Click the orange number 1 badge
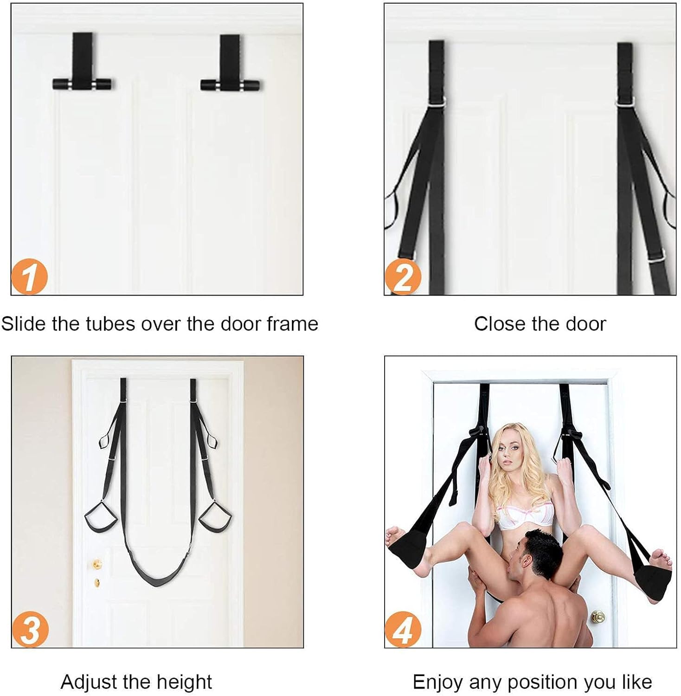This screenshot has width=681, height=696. coord(29,277)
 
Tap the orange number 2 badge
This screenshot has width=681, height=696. coord(403,277)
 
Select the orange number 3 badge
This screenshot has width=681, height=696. coord(30,629)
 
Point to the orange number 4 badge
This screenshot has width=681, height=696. coord(403,629)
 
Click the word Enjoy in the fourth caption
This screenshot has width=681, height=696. coord(438,682)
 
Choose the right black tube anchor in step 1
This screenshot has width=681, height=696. coord(230,85)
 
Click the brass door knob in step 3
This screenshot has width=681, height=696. coord(97,564)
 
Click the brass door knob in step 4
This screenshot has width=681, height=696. coord(598,617)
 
